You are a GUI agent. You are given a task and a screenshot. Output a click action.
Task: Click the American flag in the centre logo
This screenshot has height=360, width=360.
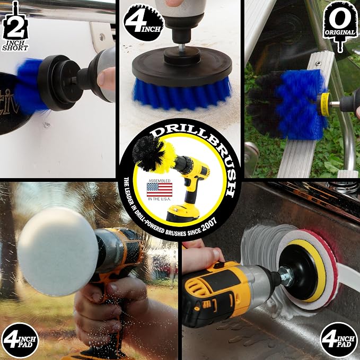(160, 190)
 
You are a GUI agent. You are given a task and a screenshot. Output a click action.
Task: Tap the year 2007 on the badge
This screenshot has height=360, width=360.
(209, 225)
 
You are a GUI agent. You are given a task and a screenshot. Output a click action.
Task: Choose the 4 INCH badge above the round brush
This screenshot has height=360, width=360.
(144, 22)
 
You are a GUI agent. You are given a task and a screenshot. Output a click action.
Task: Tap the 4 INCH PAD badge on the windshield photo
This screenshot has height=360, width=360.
(20, 340)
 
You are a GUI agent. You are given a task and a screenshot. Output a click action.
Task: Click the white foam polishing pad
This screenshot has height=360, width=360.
(58, 251)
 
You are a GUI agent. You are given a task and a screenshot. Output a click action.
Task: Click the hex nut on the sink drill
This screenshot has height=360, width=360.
(286, 276)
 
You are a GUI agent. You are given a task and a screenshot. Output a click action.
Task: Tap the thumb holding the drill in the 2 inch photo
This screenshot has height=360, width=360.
(106, 78)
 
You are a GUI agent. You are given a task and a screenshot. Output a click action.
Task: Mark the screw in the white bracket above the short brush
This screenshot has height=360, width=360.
(102, 37)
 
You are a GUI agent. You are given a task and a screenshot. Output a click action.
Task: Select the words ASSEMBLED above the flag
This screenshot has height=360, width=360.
(160, 181)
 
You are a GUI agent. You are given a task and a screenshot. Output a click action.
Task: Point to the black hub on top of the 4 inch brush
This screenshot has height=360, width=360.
(182, 56)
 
